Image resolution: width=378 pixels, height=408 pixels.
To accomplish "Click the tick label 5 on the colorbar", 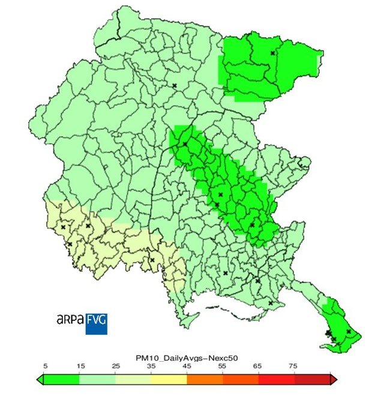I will pos(44,365).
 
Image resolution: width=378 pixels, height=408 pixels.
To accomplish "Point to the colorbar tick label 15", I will pos(80,365).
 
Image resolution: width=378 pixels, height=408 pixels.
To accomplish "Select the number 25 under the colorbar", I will pos(116,365).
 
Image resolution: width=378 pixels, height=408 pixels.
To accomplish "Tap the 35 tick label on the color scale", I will pos(151,365).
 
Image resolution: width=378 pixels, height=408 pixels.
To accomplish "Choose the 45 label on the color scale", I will pos(187,365).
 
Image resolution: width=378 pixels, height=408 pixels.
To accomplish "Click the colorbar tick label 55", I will pos(223,365).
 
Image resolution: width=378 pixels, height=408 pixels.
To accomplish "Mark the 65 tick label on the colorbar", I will pos(259,365).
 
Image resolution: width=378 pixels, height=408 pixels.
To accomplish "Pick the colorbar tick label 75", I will pos(294,365).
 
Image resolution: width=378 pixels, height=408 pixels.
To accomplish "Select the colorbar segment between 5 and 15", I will pos(62,379).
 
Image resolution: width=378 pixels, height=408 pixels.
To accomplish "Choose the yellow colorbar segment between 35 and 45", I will pos(169,379).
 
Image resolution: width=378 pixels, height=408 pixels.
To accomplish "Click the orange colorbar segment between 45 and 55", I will pos(205,379).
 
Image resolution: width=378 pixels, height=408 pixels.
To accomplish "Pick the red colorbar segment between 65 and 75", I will pos(276,379).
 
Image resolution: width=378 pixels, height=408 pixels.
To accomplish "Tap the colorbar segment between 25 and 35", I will pos(133,379).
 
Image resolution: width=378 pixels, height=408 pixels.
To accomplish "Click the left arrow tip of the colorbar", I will pos(40,379).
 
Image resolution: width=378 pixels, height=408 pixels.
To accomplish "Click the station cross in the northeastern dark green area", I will pos(272,53).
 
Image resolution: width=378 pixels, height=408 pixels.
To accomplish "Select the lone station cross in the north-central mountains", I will pos(174,86).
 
